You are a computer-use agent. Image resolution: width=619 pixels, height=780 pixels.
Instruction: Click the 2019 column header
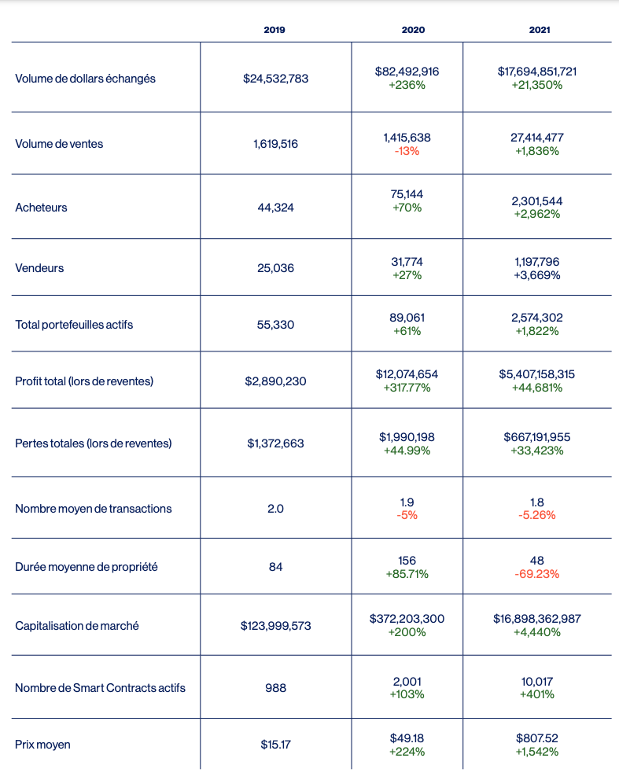[274, 30]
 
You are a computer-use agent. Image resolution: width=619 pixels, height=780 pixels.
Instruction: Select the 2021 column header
[540, 30]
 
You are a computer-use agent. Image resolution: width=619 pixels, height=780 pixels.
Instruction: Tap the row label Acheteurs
[41, 208]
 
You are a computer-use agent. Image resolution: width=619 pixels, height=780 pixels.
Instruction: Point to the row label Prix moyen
[42, 744]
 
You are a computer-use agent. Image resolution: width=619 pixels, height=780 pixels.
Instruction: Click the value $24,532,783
[275, 79]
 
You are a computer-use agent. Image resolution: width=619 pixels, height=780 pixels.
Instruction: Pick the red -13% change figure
[407, 151]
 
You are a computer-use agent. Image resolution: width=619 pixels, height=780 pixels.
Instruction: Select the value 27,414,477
[537, 138]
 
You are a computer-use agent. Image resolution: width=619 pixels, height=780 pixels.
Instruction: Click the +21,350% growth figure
[537, 85]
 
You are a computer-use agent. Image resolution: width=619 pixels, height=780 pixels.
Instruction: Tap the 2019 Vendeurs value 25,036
[275, 268]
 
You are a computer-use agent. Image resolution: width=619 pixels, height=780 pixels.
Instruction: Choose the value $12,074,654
[407, 374]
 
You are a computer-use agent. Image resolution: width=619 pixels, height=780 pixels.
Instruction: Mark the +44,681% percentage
[537, 388]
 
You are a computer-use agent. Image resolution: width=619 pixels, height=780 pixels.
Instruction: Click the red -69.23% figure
[537, 574]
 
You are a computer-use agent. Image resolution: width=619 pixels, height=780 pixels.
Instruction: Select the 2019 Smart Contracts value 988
[275, 688]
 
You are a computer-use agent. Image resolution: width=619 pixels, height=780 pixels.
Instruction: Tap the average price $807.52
[537, 738]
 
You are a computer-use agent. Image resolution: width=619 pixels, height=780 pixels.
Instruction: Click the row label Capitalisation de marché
[77, 626]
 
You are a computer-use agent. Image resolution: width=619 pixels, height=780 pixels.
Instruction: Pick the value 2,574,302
[537, 318]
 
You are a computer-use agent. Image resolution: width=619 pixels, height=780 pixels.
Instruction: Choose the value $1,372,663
[275, 443]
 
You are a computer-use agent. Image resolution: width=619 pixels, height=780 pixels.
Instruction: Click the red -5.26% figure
[537, 515]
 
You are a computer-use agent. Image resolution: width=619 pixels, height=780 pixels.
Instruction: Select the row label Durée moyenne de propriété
[86, 566]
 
